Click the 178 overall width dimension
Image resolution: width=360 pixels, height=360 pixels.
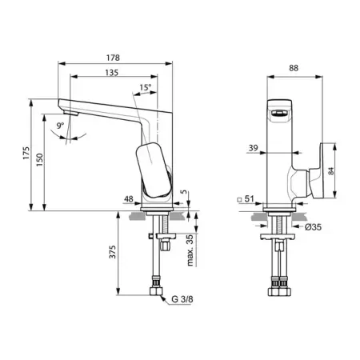pos(114,58)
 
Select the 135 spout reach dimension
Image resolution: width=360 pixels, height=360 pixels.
pos(112,73)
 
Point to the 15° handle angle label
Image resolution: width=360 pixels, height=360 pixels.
pos(146,87)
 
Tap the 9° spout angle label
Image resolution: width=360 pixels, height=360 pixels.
pos(61,125)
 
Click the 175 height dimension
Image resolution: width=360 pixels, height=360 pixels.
pos(26,153)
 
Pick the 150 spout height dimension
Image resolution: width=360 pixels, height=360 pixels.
pos(39,160)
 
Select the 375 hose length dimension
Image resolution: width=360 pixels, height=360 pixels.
pos(113,252)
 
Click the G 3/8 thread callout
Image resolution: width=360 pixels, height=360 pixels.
pos(182,299)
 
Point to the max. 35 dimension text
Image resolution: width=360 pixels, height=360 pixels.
pos(190,250)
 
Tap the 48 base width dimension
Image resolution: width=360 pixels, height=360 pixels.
pos(129,199)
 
